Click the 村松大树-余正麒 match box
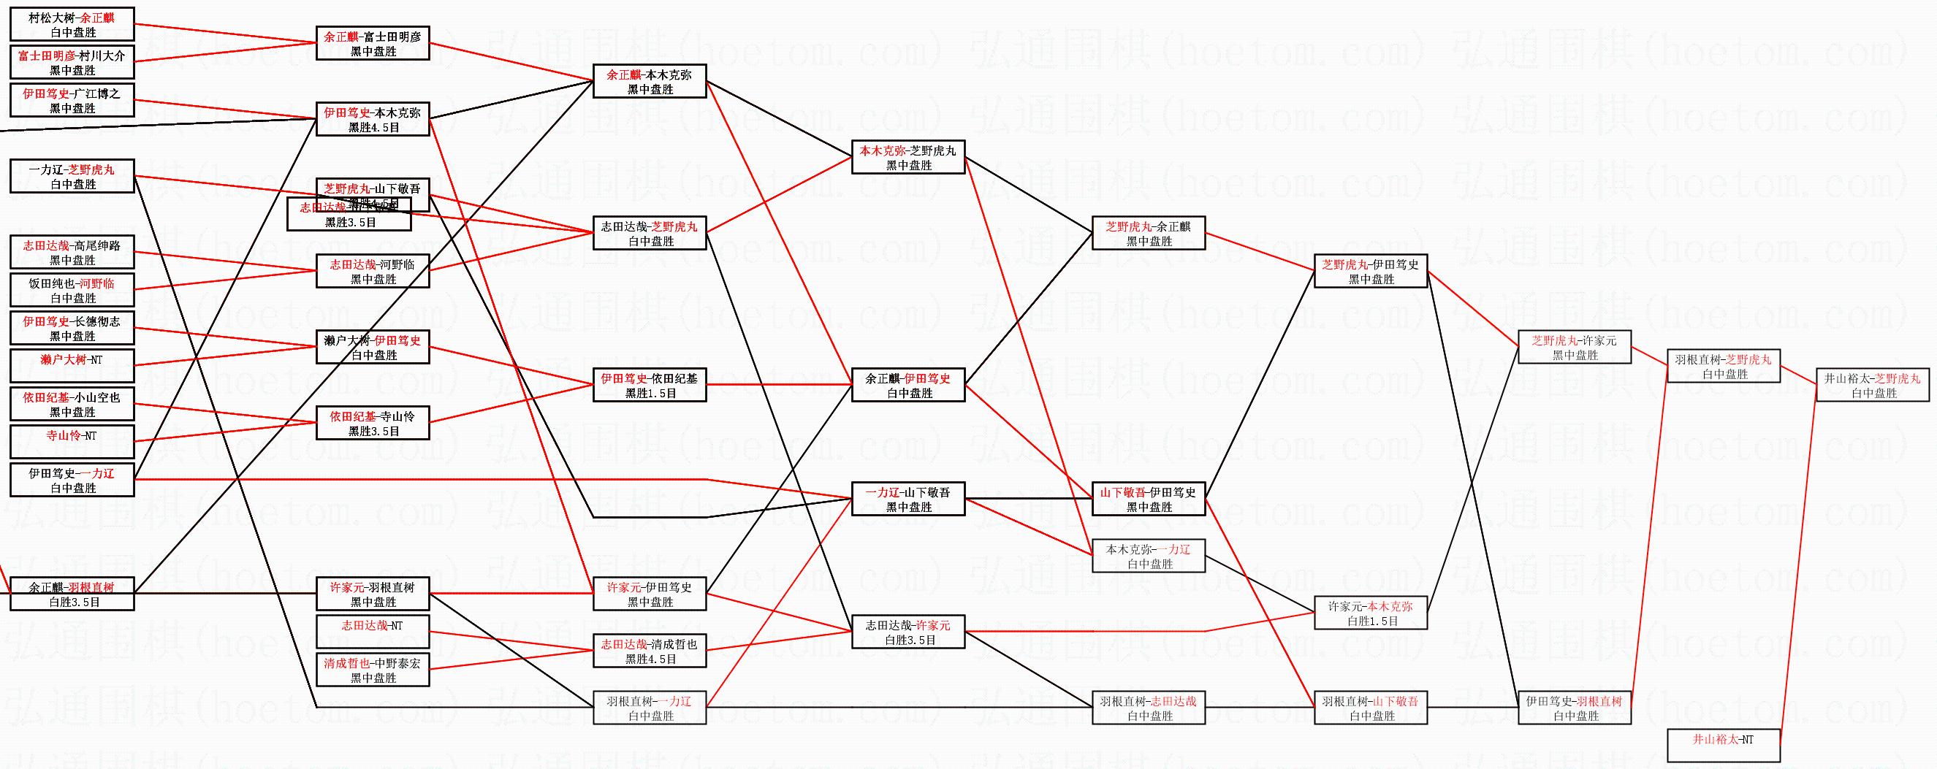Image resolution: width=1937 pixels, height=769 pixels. [x=72, y=24]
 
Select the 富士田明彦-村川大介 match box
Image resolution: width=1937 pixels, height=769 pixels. [x=72, y=62]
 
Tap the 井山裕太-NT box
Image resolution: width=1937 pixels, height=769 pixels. [x=1724, y=745]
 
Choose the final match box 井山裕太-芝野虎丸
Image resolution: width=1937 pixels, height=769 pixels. [x=1872, y=385]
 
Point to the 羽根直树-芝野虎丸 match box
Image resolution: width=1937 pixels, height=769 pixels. [x=1724, y=366]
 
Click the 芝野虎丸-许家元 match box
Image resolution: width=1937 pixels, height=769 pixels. [x=1575, y=348]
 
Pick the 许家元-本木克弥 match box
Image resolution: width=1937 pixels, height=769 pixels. [x=1370, y=613]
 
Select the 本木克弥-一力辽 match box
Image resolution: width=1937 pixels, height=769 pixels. [x=1148, y=556]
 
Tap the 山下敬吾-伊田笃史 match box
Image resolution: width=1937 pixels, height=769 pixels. [x=1148, y=499]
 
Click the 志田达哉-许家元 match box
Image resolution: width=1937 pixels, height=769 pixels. [x=907, y=632]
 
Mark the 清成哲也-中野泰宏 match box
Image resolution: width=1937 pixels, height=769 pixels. [x=372, y=670]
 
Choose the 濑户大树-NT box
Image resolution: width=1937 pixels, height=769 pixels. [x=72, y=366]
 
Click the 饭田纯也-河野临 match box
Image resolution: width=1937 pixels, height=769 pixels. [x=72, y=290]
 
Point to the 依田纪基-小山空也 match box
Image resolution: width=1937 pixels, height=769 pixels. [x=72, y=404]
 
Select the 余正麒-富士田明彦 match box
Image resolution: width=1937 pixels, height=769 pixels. [x=372, y=44]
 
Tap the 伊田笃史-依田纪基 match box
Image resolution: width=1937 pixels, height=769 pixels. [x=650, y=385]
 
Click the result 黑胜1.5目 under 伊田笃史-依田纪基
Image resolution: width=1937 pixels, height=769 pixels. [x=650, y=393]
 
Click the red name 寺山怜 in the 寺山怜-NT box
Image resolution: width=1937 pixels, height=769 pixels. [x=63, y=435]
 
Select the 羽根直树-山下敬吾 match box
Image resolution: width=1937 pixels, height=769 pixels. [x=1370, y=708]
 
